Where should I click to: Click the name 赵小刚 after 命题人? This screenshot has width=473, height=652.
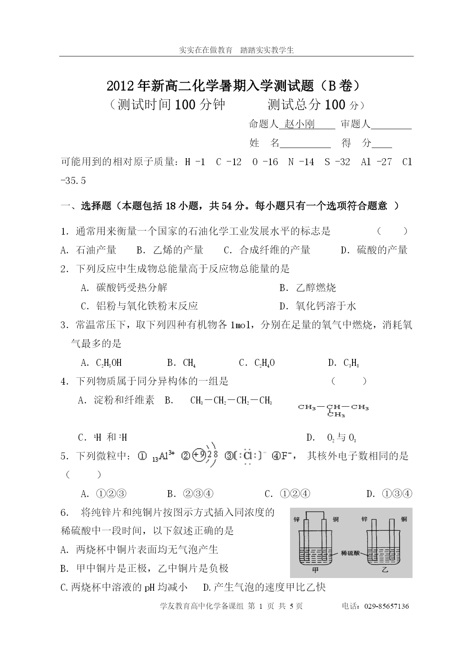[x=299, y=124]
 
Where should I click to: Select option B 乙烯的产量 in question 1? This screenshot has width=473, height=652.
[x=170, y=250]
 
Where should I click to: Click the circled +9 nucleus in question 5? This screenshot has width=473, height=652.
[x=199, y=455]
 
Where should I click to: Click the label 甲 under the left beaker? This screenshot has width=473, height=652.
[x=315, y=570]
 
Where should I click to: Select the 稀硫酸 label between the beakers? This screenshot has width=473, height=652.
[x=350, y=553]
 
